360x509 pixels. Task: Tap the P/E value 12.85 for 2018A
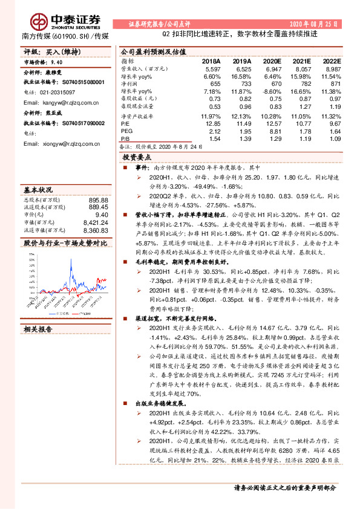212,123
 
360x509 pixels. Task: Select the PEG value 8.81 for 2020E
273,131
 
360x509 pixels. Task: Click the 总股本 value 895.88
97,199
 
